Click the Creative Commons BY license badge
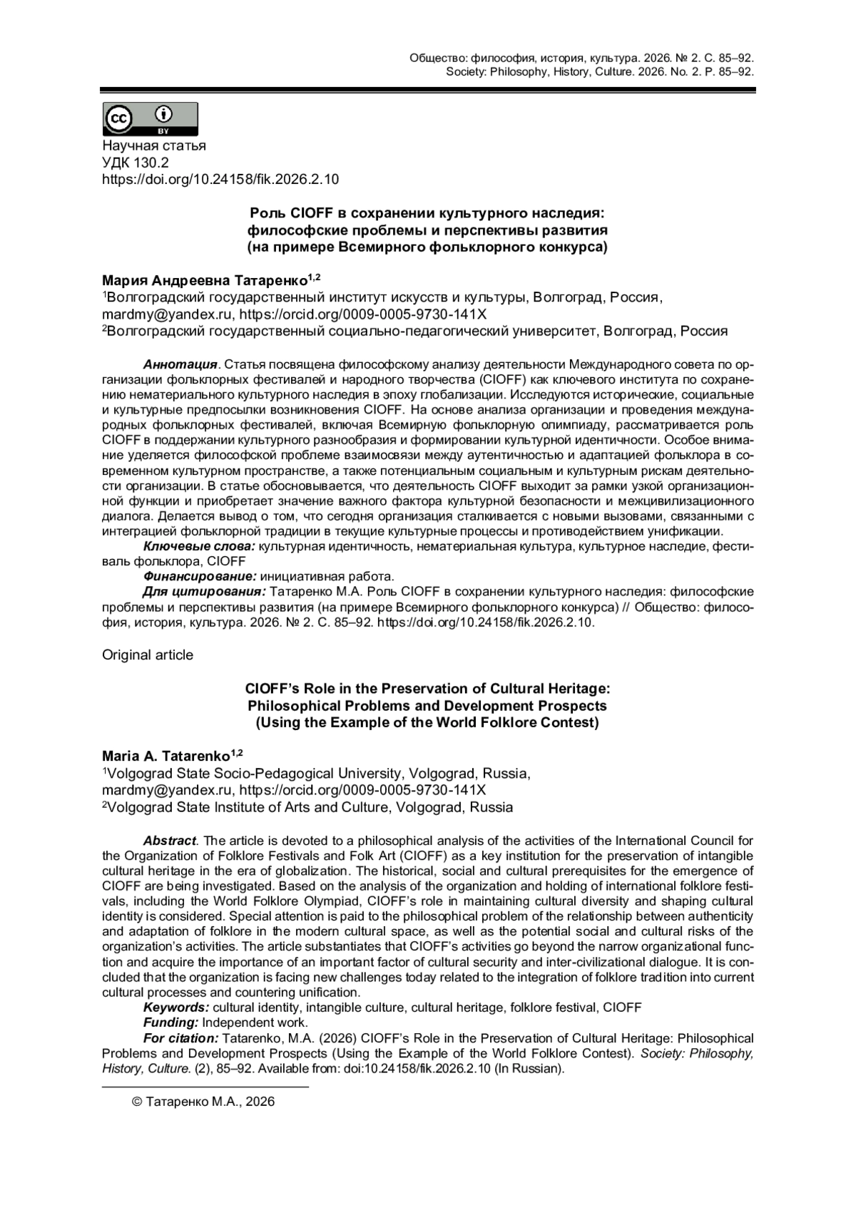point(150,118)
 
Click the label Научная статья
point(154,145)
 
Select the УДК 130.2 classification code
point(136,163)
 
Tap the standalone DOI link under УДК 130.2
point(220,180)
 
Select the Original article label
point(148,655)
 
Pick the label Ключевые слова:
point(199,546)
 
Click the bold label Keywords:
point(176,1008)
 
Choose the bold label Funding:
point(170,1022)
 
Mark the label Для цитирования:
point(204,592)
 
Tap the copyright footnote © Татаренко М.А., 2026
point(203,1102)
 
